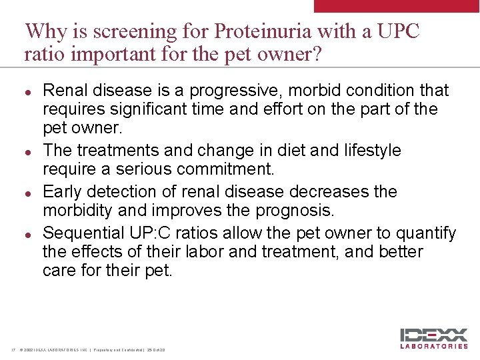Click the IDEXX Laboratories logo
(x=433, y=338)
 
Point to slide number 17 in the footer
(x=13, y=351)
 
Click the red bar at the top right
(x=396, y=6)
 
